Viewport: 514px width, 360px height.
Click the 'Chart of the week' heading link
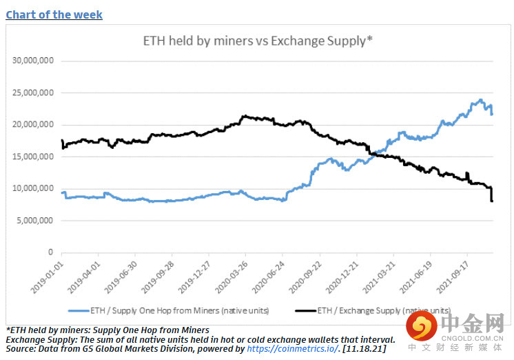[x=54, y=14]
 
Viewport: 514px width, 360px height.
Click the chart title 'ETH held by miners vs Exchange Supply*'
[x=258, y=41]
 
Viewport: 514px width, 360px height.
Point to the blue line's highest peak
[x=480, y=100]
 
